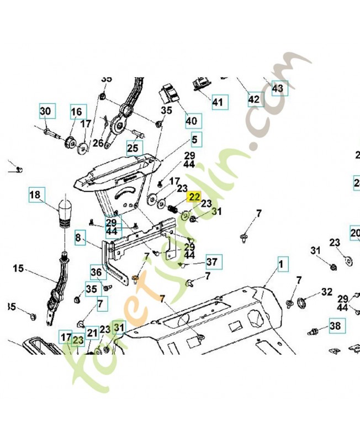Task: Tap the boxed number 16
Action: pyautogui.click(x=76, y=112)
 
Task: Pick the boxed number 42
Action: pyautogui.click(x=253, y=99)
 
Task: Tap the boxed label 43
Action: pyautogui.click(x=277, y=88)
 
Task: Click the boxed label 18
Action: pyautogui.click(x=35, y=194)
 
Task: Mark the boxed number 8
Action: pyautogui.click(x=78, y=239)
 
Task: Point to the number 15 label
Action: pyautogui.click(x=18, y=269)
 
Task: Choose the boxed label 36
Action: pyautogui.click(x=96, y=272)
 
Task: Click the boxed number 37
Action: pyautogui.click(x=211, y=261)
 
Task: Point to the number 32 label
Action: pyautogui.click(x=326, y=292)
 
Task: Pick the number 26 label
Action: pyautogui.click(x=98, y=143)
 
